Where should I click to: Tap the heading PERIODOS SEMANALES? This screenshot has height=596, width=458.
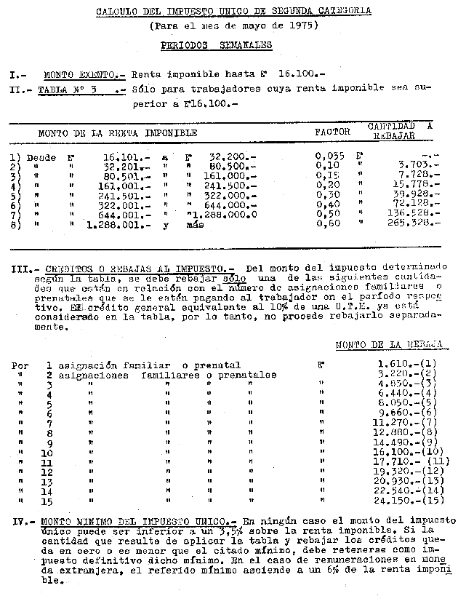click(x=216, y=44)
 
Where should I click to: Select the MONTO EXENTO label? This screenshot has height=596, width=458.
click(x=84, y=74)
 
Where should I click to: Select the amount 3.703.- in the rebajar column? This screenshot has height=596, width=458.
click(x=421, y=166)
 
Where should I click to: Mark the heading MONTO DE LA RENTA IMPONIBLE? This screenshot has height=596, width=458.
click(x=117, y=134)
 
